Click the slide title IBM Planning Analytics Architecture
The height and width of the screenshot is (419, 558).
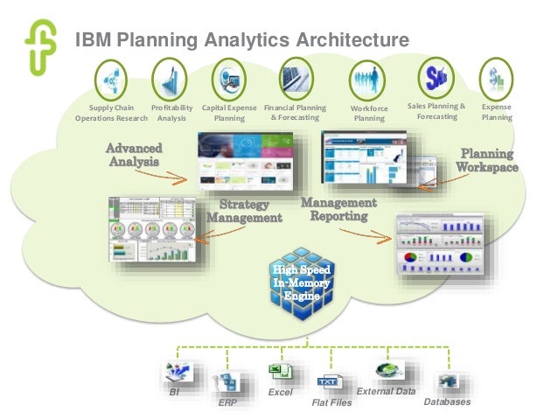[x=241, y=40]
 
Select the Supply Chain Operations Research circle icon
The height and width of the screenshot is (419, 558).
[x=111, y=80]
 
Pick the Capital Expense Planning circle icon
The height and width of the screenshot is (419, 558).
[x=229, y=80]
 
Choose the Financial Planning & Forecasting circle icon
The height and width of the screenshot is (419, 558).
[x=296, y=80]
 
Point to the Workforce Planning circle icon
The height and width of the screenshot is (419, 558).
[x=368, y=82]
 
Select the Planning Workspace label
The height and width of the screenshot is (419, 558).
[x=487, y=160]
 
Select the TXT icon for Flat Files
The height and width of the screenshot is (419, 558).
[x=327, y=381]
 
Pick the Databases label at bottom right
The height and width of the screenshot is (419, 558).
[x=447, y=402]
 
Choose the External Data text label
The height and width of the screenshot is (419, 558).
[x=386, y=391]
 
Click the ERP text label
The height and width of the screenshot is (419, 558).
[x=227, y=404]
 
